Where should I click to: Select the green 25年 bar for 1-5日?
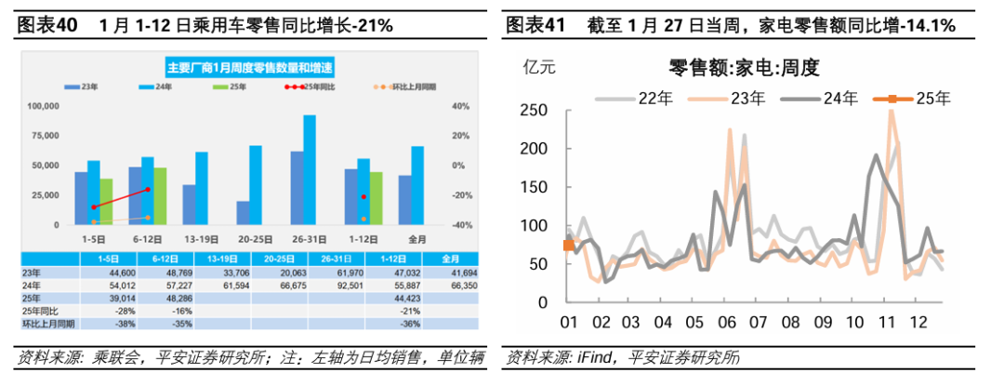click(106, 202)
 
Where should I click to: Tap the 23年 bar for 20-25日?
click(243, 213)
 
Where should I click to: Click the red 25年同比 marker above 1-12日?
click(363, 197)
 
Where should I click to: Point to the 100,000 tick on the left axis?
click(44, 106)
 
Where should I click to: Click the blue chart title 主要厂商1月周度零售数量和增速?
click(250, 66)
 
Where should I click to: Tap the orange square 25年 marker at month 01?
click(569, 245)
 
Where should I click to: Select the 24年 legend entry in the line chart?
click(818, 98)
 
